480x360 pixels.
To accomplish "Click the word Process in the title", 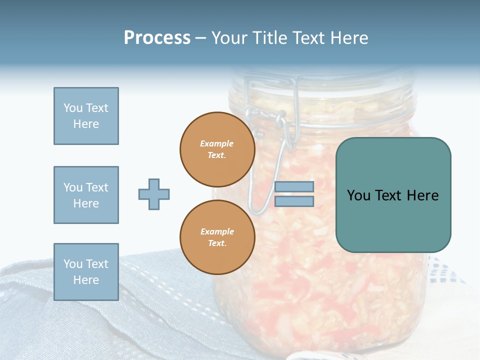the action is click(x=157, y=38).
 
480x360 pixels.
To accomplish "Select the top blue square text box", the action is click(x=86, y=116).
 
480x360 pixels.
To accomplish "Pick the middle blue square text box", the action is click(x=86, y=195).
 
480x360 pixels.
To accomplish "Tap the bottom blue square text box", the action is click(x=86, y=272).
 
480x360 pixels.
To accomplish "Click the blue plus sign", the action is click(x=154, y=194).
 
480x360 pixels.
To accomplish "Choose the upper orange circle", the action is click(x=217, y=149).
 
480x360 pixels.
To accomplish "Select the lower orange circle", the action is click(x=217, y=237).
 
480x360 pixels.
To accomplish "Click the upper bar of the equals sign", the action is click(x=294, y=187).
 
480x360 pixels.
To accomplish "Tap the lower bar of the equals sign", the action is click(x=294, y=201).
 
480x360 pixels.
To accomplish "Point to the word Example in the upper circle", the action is click(x=217, y=143).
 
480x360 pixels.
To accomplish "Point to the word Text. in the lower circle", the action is click(x=217, y=243).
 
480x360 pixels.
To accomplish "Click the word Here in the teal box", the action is click(x=422, y=195).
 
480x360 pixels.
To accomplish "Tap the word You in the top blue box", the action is click(x=72, y=108).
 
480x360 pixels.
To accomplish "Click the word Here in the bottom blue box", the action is click(x=86, y=280).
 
